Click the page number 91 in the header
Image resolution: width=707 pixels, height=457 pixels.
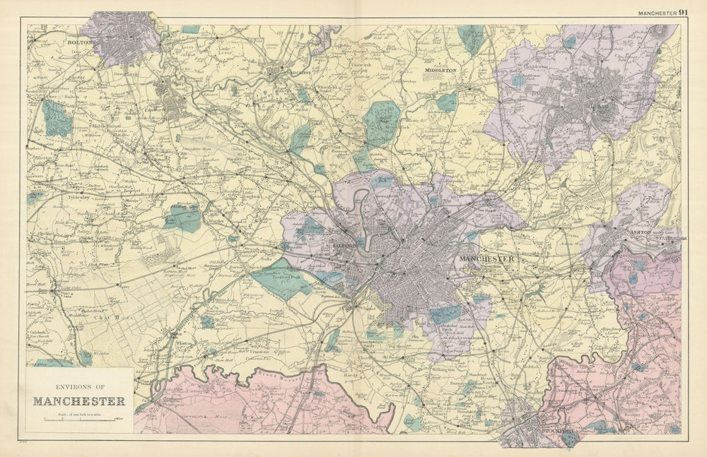point(683,12)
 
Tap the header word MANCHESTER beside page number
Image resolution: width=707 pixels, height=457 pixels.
point(657,13)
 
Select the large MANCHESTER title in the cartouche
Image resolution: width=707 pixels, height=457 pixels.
point(79,401)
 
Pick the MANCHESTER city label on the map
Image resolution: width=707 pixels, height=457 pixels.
point(487,259)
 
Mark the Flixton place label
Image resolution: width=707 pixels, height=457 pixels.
point(185,343)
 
